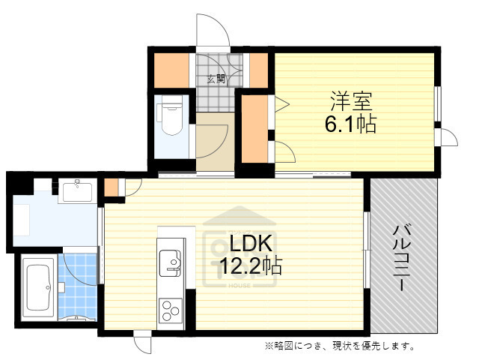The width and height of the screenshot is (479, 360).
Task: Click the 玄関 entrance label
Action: click(x=216, y=78)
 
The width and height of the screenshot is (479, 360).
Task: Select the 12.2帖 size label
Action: click(x=250, y=267)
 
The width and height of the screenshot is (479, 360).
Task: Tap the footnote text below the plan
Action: click(x=338, y=346)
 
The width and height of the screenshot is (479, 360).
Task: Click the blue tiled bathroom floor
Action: click(x=79, y=285)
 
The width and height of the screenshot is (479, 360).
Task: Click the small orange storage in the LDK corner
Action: click(x=112, y=187)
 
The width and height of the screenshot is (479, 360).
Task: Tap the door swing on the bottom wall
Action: click(x=143, y=344)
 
